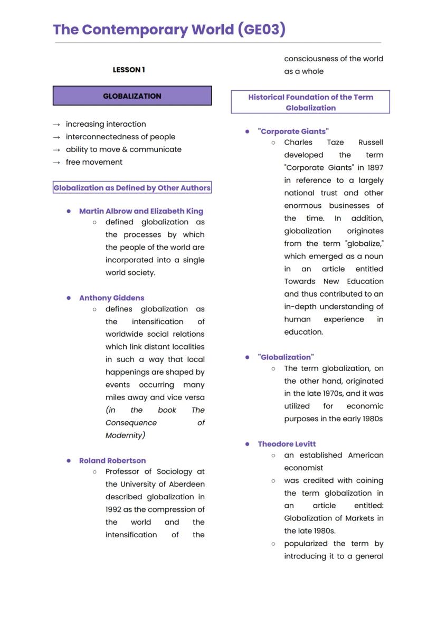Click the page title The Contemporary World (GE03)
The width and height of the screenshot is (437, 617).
click(x=169, y=30)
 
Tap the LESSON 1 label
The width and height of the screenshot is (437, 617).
click(x=129, y=70)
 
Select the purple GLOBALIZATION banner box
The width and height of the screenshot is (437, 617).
click(x=132, y=96)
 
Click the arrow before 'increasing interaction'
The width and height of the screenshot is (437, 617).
click(x=56, y=125)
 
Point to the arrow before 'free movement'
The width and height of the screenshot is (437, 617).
click(x=56, y=163)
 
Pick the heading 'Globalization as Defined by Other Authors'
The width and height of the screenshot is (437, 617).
click(x=132, y=188)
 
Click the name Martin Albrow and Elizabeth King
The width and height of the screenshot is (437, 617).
click(x=141, y=211)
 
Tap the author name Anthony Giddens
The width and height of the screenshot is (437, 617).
click(x=111, y=298)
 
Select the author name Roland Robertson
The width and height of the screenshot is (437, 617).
click(x=112, y=461)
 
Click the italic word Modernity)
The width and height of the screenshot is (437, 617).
click(x=125, y=435)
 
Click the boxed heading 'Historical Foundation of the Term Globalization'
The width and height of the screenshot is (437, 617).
click(x=310, y=102)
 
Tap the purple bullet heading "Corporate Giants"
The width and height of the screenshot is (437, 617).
click(x=293, y=131)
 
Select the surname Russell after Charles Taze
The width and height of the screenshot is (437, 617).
click(x=370, y=142)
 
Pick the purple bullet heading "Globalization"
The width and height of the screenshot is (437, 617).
click(x=286, y=357)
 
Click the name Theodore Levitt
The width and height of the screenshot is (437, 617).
click(x=287, y=444)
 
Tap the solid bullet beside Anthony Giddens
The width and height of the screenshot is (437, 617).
click(x=69, y=298)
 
